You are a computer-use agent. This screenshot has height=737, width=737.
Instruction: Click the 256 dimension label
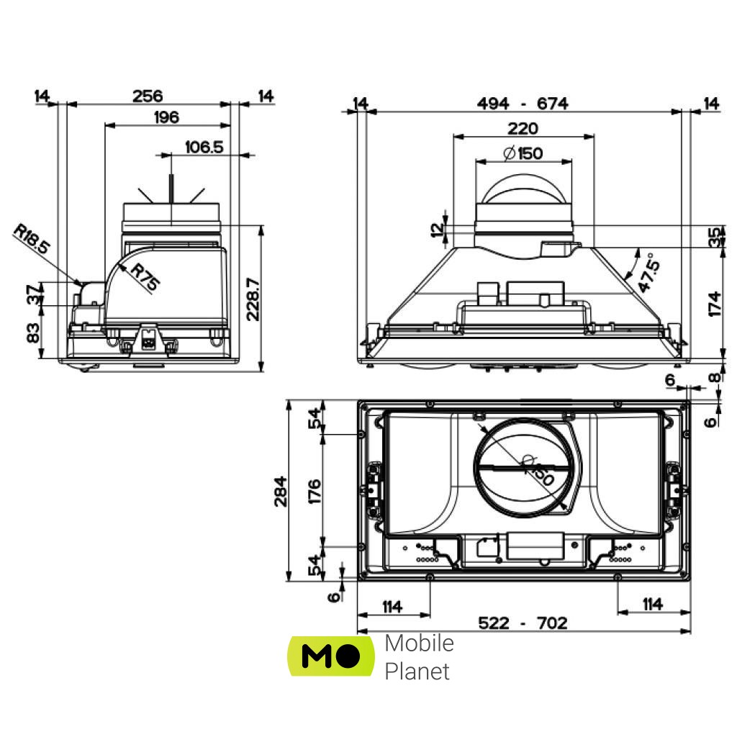click(148, 96)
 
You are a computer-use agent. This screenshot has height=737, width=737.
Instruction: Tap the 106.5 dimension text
click(204, 147)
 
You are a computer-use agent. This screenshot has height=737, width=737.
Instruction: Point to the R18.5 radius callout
click(32, 240)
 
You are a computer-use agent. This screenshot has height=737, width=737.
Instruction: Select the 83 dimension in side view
click(33, 333)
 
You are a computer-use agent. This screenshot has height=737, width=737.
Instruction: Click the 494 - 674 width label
click(523, 104)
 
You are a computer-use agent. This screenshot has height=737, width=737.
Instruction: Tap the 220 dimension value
click(523, 128)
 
